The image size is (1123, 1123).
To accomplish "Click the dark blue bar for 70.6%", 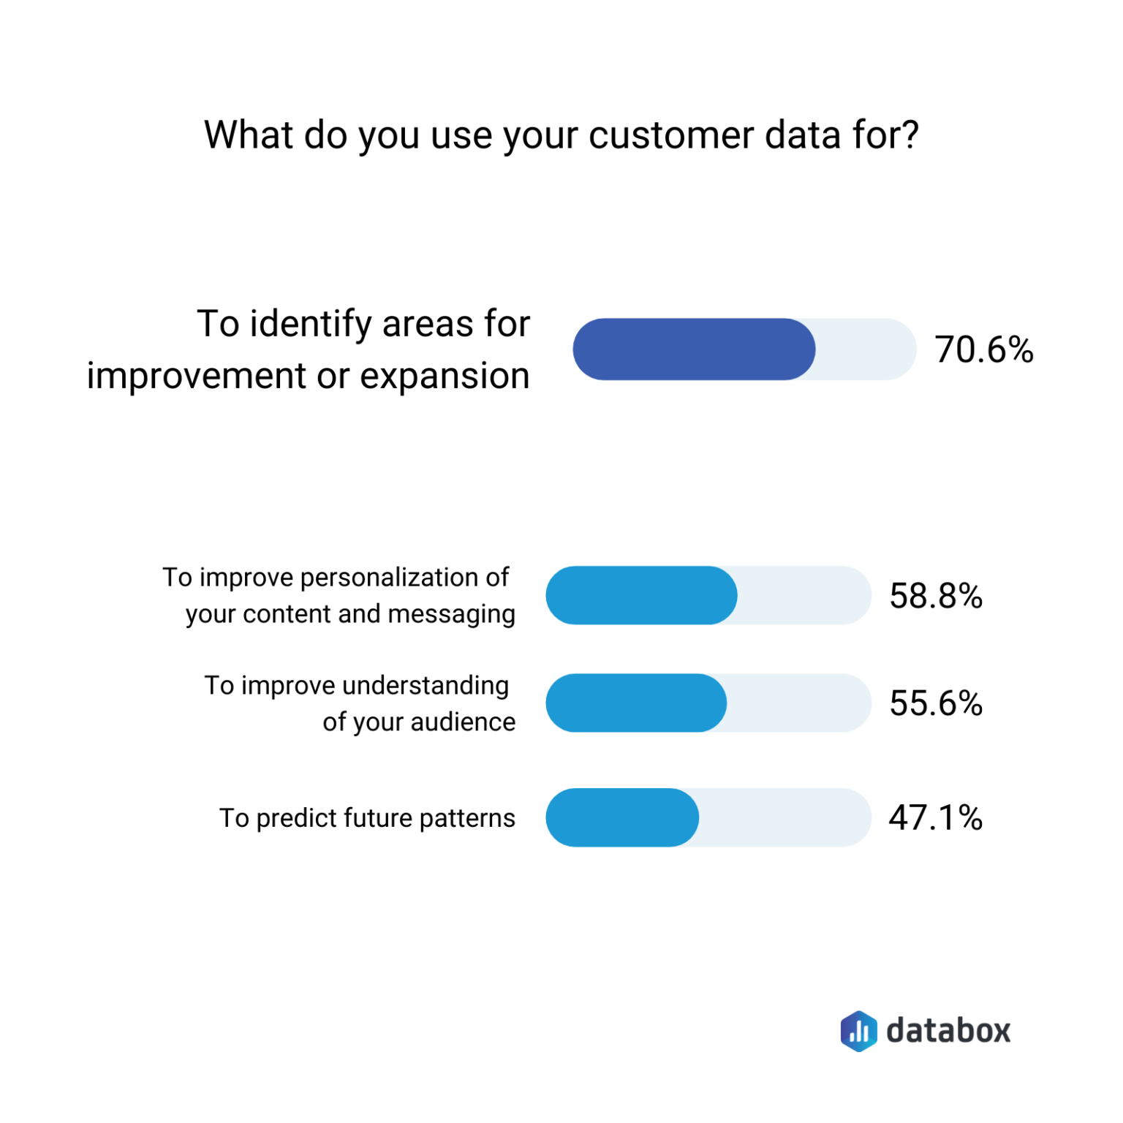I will (693, 349).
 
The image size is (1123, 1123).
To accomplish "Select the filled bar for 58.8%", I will (641, 595).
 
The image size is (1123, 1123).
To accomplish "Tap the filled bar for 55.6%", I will (636, 703).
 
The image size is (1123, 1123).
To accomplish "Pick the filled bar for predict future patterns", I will (622, 817).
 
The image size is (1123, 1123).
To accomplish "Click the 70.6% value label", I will (983, 349).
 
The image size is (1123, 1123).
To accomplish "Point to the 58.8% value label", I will (935, 596).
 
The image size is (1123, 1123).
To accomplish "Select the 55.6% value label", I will (935, 703).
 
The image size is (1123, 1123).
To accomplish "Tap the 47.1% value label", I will (935, 817).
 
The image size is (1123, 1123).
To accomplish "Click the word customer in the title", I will (670, 135).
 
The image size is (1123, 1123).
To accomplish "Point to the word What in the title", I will (249, 135).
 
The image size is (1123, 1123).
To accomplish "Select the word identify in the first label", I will (311, 325).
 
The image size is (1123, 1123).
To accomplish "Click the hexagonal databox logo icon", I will (858, 1031).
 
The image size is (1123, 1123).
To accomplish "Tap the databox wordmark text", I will (948, 1031).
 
